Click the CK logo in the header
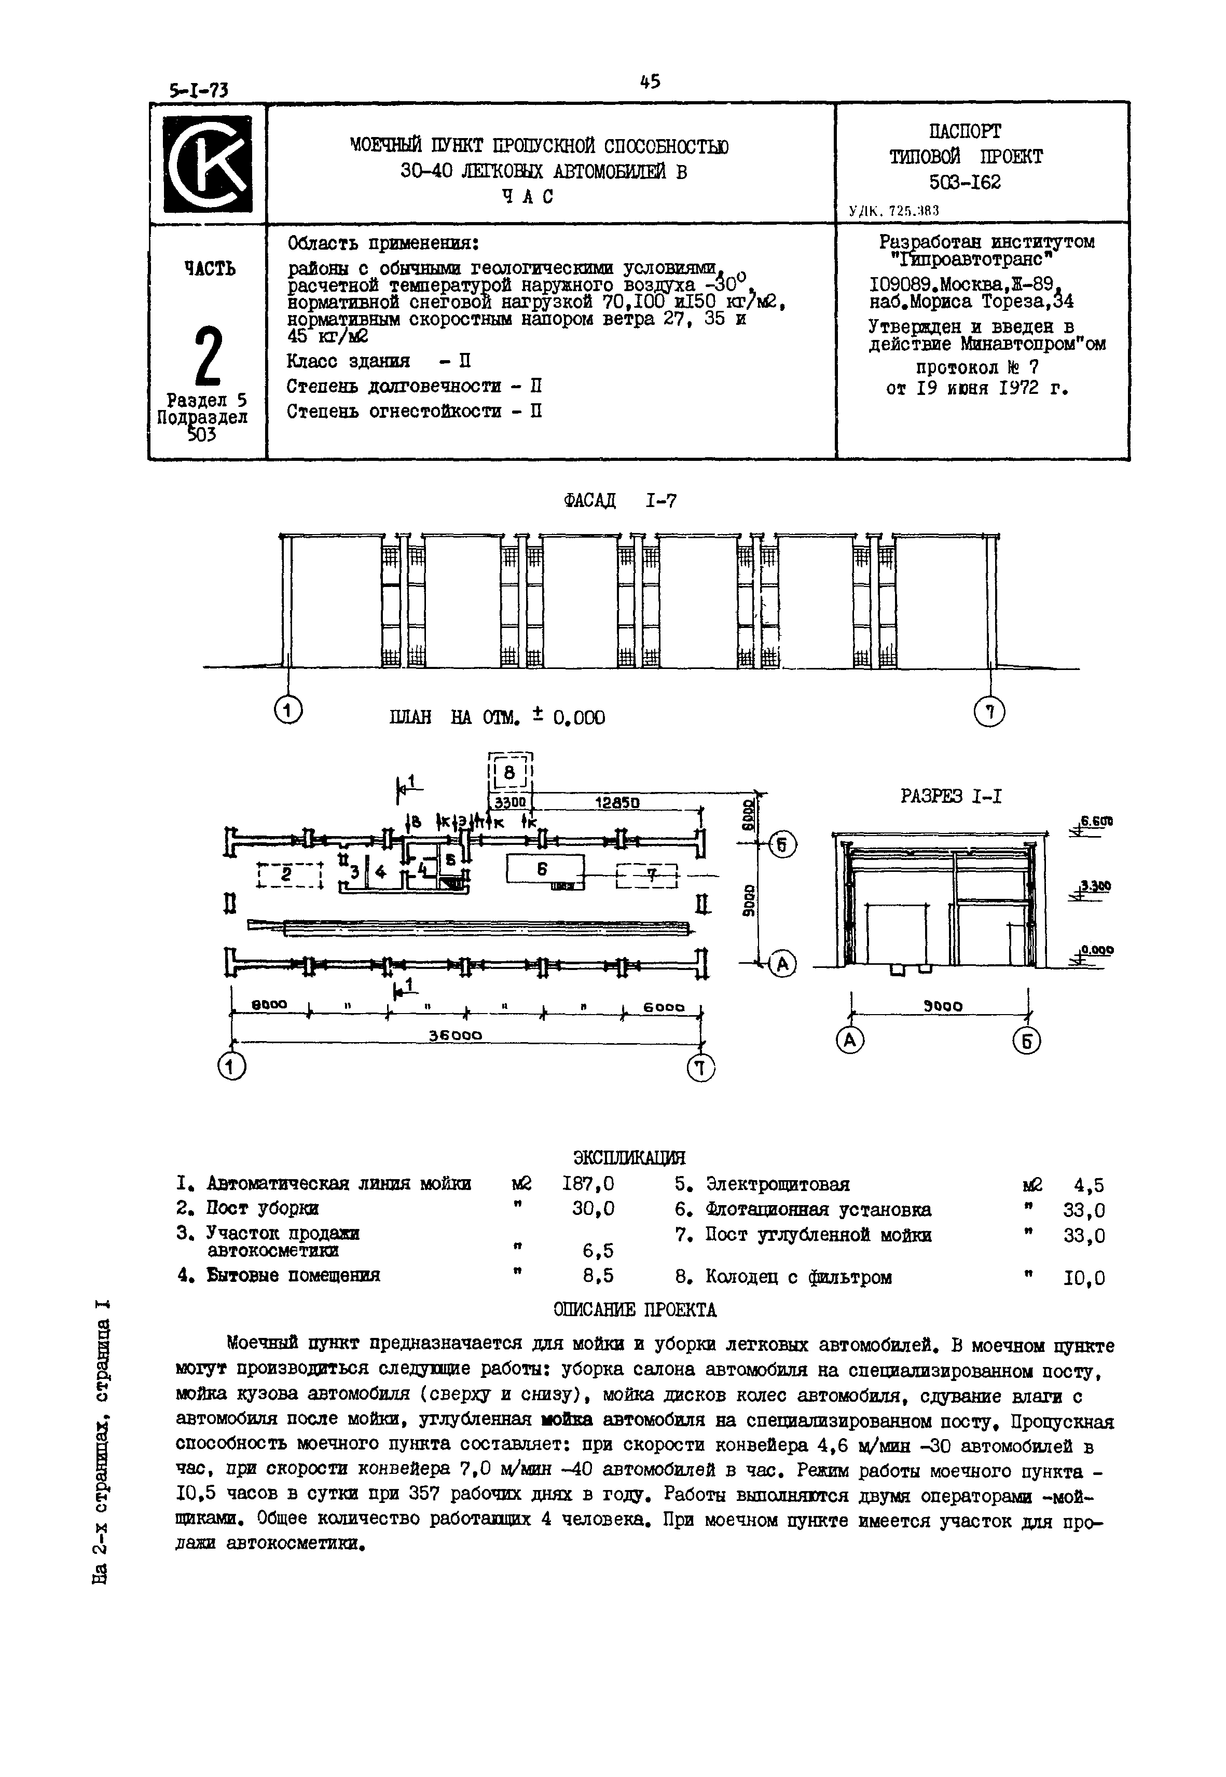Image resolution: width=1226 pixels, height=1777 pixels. point(208,163)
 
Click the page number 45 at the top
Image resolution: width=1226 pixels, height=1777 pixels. point(649,81)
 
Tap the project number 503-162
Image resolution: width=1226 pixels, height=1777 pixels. point(965,183)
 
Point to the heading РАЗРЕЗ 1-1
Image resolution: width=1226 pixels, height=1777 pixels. point(951,796)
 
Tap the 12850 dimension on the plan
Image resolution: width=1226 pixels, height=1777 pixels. point(617,803)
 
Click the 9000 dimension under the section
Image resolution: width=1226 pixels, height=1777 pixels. point(943,1006)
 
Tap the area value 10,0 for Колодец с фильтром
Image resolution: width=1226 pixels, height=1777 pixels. point(1084,1278)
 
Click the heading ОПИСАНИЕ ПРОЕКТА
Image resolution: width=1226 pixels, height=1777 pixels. point(635,1309)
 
